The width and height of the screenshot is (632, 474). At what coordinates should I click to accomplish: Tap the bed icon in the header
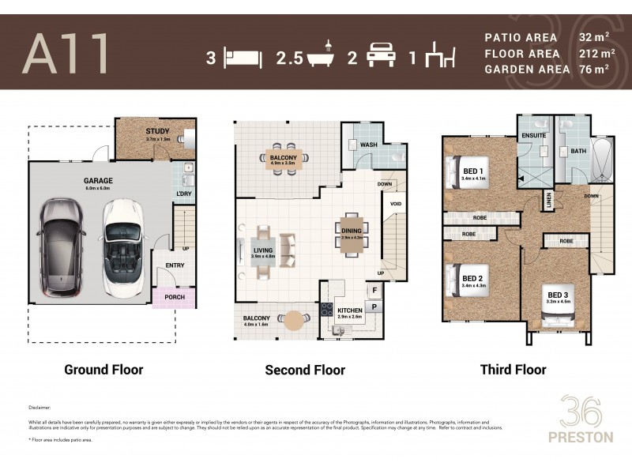[243, 57]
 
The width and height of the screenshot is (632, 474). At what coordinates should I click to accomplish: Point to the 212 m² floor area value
[596, 53]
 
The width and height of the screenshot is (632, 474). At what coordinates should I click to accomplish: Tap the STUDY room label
[158, 131]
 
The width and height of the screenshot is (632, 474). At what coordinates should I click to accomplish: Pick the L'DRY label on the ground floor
[182, 194]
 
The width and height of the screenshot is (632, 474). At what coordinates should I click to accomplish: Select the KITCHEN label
[349, 311]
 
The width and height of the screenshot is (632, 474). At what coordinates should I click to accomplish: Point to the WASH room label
[368, 145]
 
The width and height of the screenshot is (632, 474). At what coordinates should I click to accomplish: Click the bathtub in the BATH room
[600, 161]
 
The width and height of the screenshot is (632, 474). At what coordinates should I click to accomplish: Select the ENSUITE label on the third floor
[534, 135]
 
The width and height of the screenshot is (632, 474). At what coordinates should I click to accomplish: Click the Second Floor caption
[304, 369]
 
